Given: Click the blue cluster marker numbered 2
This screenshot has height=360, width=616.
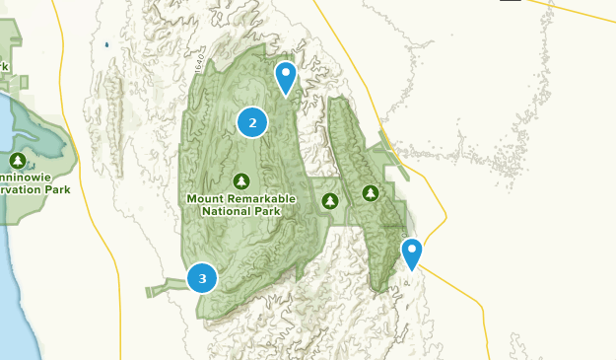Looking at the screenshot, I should pos(252,122).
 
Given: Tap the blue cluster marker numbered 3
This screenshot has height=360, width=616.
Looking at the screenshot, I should pos(202,278).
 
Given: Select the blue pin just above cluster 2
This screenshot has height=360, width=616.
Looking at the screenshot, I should pos(286,76).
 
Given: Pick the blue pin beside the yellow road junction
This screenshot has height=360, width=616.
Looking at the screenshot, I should pos(411,252).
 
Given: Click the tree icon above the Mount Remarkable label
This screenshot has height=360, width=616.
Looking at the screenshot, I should pos(241,180).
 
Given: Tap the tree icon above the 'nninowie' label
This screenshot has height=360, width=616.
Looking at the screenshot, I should pos(17,160).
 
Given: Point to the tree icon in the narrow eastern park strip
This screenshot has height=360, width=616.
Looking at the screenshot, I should pos(371,192).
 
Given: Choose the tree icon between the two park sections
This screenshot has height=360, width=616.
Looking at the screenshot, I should pos(330,201).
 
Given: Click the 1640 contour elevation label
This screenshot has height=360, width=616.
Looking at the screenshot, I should pos(200,62).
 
